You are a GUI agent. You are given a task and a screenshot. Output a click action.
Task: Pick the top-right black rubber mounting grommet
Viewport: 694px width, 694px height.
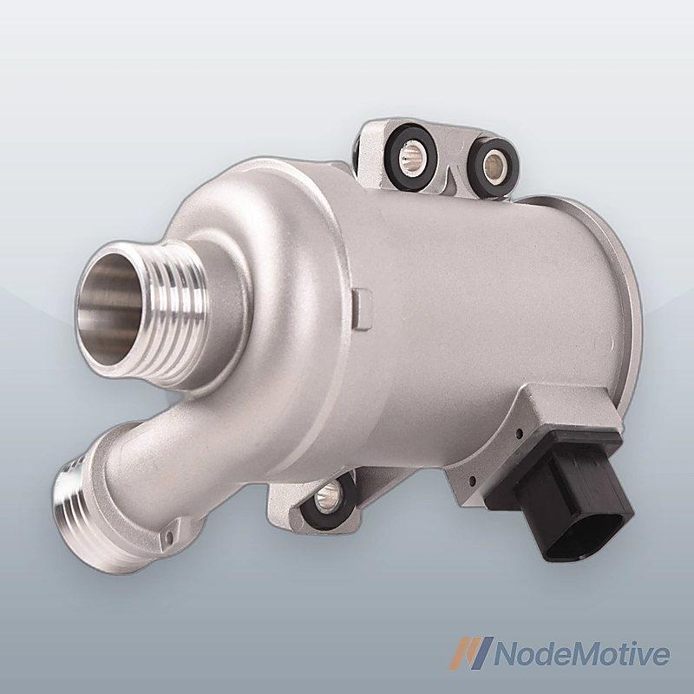[494, 167]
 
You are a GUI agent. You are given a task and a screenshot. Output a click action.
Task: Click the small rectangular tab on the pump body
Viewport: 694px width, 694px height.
[362, 309]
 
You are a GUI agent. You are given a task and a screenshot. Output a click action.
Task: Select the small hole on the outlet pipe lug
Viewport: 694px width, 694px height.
[167, 538]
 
